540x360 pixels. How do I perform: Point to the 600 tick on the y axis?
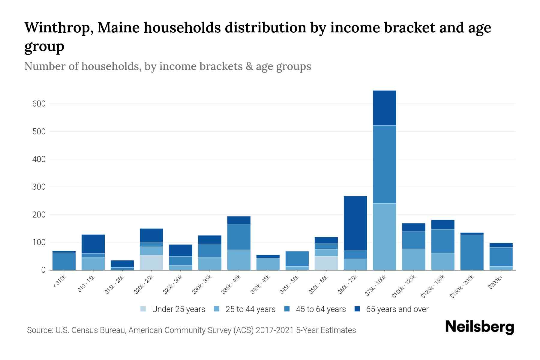[39, 104]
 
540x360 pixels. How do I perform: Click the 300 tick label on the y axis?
[39, 187]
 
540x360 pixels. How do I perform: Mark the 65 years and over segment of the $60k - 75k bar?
[355, 223]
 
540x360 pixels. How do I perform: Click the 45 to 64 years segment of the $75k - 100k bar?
[384, 164]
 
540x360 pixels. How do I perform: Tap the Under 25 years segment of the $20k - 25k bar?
[151, 262]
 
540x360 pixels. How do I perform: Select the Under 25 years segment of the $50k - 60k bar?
[326, 263]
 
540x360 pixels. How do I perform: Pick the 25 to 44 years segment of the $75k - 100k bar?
[384, 237]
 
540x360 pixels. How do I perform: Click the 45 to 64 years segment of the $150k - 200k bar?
[472, 252]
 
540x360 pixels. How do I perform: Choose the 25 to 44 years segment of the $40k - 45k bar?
[268, 264]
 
